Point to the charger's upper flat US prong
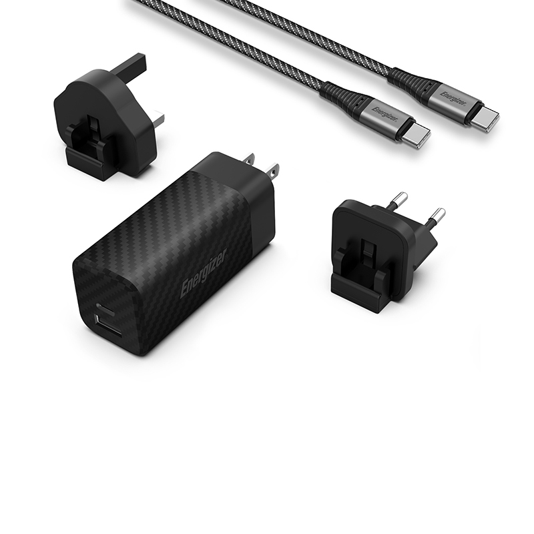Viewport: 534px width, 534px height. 248,160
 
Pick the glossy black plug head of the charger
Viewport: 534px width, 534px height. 244,190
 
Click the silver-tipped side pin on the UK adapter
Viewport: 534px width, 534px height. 158,119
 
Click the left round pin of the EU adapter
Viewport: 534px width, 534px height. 398,199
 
